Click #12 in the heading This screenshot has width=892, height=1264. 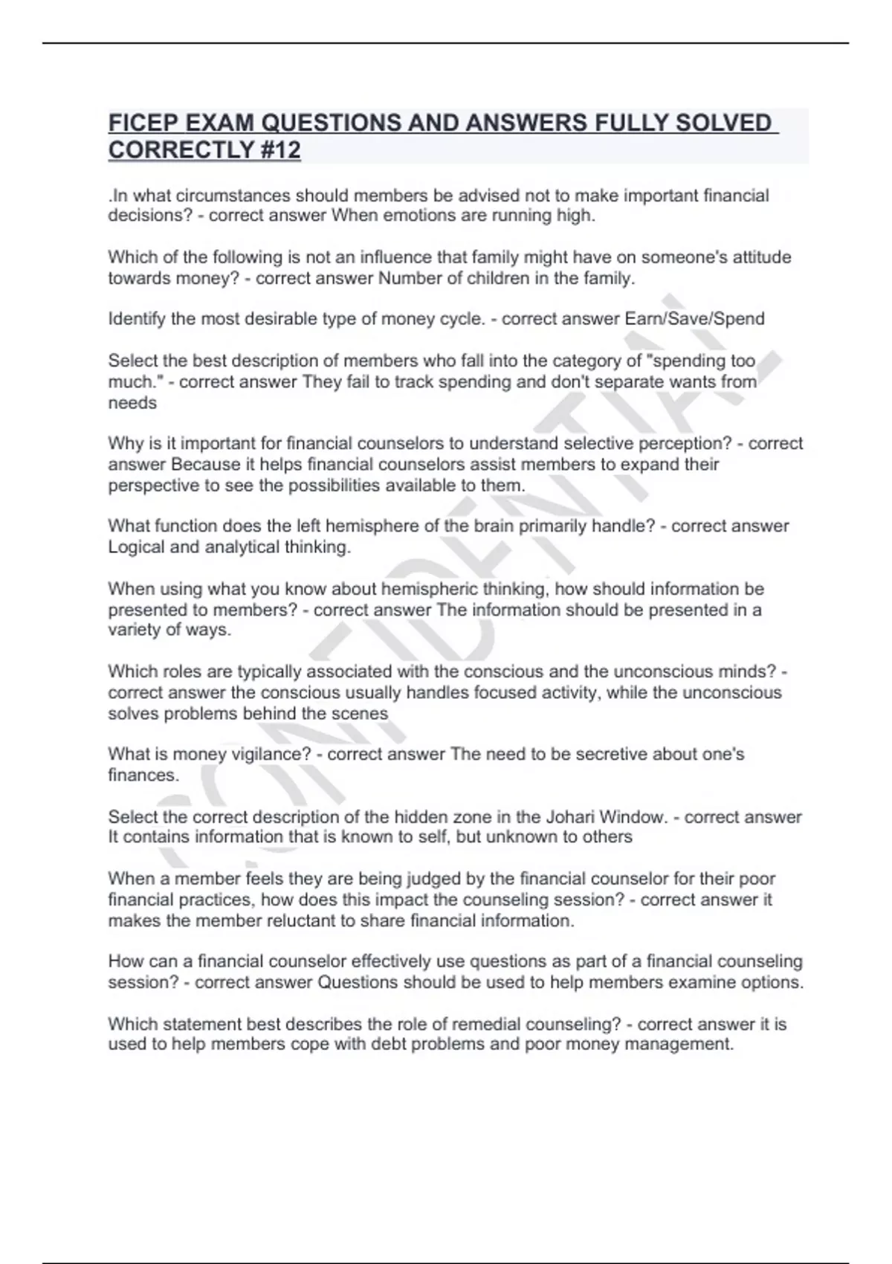(280, 150)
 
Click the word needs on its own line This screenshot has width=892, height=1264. (132, 403)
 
